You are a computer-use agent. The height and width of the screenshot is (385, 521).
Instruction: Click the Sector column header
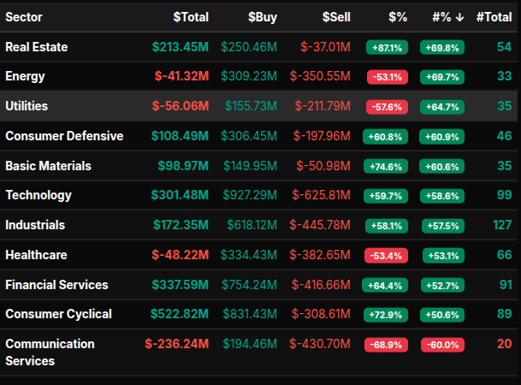(23, 16)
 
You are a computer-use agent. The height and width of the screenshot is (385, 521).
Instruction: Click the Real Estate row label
(36, 47)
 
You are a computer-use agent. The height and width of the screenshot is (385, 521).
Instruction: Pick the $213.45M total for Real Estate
(180, 47)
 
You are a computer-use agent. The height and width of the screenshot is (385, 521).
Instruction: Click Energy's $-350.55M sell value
(321, 76)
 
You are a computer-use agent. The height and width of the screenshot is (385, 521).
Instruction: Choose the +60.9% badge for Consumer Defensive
(441, 136)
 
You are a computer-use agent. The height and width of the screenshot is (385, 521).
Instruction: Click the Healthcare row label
(36, 254)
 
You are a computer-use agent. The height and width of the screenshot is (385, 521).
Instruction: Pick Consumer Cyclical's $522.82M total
(180, 314)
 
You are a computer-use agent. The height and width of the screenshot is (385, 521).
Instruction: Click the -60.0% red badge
(441, 344)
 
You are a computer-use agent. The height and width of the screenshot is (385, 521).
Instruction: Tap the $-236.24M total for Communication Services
(176, 344)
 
